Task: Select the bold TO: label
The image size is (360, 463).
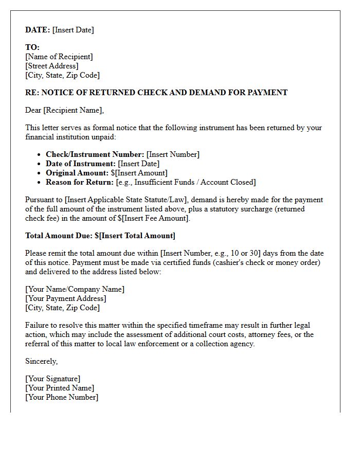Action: pyautogui.click(x=32, y=47)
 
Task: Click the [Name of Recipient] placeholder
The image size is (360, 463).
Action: pyautogui.click(x=59, y=57)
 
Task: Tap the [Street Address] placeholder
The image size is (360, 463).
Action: pyautogui.click(x=52, y=66)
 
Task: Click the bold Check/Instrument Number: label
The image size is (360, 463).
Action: pyautogui.click(x=95, y=154)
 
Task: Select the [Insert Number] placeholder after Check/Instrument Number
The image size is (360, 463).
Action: pyautogui.click(x=173, y=154)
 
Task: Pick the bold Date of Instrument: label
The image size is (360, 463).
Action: pyautogui.click(x=81, y=164)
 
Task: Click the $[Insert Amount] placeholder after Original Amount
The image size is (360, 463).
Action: pyautogui.click(x=139, y=173)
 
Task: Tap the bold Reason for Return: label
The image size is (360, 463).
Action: pyautogui.click(x=79, y=182)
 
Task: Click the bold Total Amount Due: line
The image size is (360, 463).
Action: pyautogui.click(x=100, y=236)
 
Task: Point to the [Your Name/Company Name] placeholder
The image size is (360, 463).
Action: pyautogui.click(x=75, y=289)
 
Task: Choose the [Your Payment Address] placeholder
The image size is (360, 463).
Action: pyautogui.click(x=66, y=298)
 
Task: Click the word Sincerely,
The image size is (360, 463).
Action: pyautogui.click(x=42, y=361)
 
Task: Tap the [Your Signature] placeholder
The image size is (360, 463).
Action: pyautogui.click(x=53, y=379)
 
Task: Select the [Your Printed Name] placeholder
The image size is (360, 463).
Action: pyautogui.click(x=60, y=388)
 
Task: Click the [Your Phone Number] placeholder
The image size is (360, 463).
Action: pyautogui.click(x=62, y=397)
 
